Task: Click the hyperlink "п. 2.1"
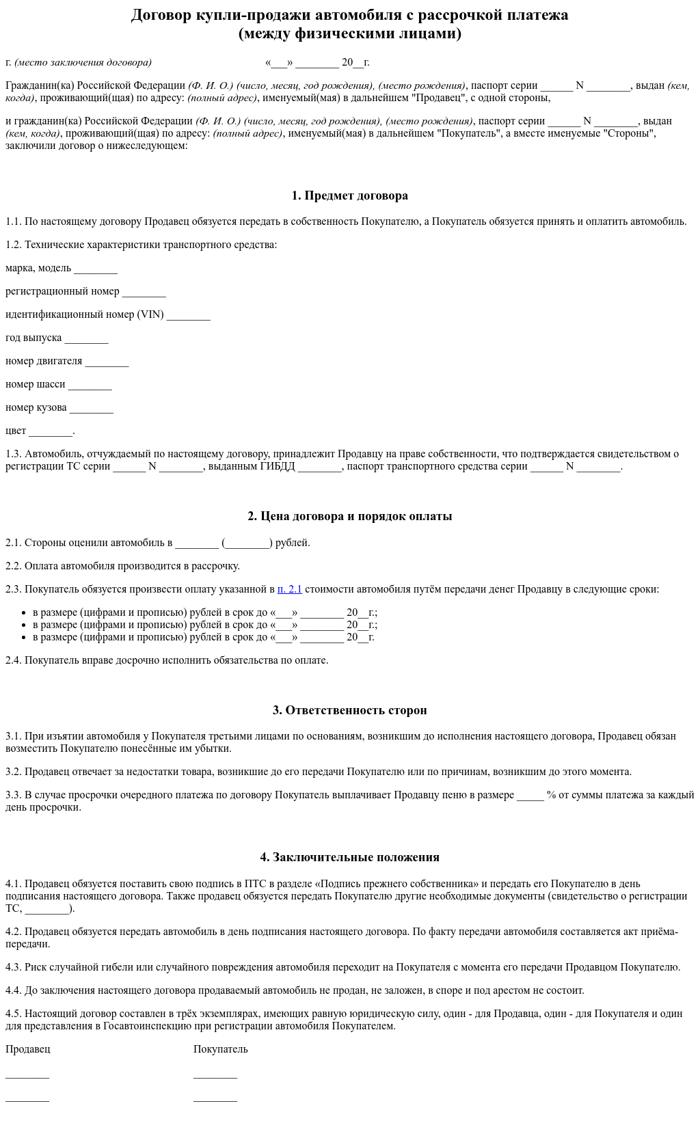289,589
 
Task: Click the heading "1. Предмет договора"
349,195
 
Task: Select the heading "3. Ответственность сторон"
349,710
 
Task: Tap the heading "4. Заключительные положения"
349,857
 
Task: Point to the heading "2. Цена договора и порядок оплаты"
349,516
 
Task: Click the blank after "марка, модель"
96,269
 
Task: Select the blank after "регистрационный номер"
144,293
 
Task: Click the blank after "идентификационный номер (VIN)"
188,316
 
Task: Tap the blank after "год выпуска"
86,339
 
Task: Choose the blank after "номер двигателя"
107,362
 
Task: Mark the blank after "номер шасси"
90,386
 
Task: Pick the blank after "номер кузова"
91,409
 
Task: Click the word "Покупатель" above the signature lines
220,1049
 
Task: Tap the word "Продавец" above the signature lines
27,1049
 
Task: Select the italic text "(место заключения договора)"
83,62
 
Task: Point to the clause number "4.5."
14,1014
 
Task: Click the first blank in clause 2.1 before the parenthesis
196,544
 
